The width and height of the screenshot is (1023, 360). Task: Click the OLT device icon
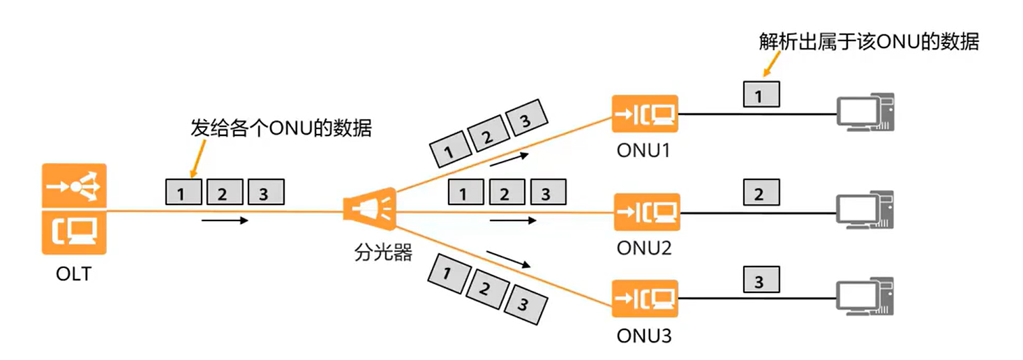tap(74, 209)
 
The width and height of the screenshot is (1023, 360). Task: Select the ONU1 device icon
tap(645, 114)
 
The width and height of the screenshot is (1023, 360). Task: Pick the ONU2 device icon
tap(645, 211)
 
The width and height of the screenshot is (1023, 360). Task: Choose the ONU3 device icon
tap(645, 299)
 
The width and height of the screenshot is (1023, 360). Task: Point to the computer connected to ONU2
tap(865, 209)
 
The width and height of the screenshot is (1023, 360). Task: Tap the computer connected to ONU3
tap(865, 299)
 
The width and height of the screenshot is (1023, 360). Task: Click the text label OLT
tap(73, 274)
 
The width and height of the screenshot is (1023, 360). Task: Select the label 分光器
tap(383, 253)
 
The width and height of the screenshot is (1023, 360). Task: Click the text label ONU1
tap(643, 151)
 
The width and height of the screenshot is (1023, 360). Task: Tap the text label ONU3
tap(643, 336)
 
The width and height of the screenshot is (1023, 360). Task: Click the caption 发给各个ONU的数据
tap(281, 128)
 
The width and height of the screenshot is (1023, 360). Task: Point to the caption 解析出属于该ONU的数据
tap(869, 43)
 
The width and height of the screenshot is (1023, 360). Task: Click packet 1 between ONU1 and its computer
tap(761, 93)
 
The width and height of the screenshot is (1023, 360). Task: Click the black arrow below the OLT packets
tap(224, 220)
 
